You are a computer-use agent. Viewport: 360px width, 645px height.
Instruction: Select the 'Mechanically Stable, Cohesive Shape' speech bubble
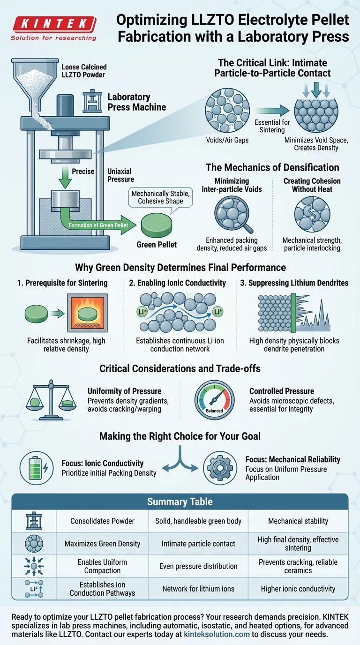coord(157,197)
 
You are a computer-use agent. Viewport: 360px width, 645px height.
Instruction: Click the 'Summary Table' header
coord(180,502)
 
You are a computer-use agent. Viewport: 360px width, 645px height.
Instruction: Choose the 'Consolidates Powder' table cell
coord(102,521)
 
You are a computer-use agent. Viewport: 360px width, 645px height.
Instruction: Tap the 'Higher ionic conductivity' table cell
coord(298,589)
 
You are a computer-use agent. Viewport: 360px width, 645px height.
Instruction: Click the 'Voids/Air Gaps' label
coord(227,140)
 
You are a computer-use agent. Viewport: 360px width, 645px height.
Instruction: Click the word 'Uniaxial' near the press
coord(120,171)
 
